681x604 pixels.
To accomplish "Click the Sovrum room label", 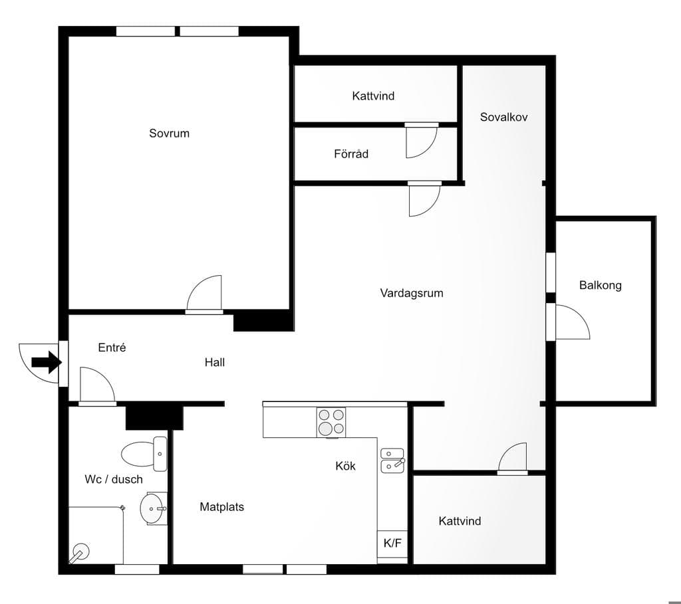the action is [170, 133].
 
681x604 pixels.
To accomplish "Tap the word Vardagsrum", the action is [412, 293].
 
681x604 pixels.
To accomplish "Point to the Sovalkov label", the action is [504, 117].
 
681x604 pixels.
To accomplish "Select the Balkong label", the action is [601, 285].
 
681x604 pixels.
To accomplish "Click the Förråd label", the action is [351, 153].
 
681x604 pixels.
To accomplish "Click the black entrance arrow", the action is [46, 362].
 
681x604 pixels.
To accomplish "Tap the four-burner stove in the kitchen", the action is [331, 422].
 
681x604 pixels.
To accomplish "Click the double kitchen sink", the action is [392, 460].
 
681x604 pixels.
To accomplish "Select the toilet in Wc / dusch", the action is [144, 454].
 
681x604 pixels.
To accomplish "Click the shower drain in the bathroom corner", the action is [80, 553].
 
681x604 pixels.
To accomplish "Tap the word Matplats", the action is [222, 507].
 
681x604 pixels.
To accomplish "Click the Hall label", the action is [215, 362].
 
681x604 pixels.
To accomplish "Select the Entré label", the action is [112, 347].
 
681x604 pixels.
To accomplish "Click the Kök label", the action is [346, 466].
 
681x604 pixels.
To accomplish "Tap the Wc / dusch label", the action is [114, 480].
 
